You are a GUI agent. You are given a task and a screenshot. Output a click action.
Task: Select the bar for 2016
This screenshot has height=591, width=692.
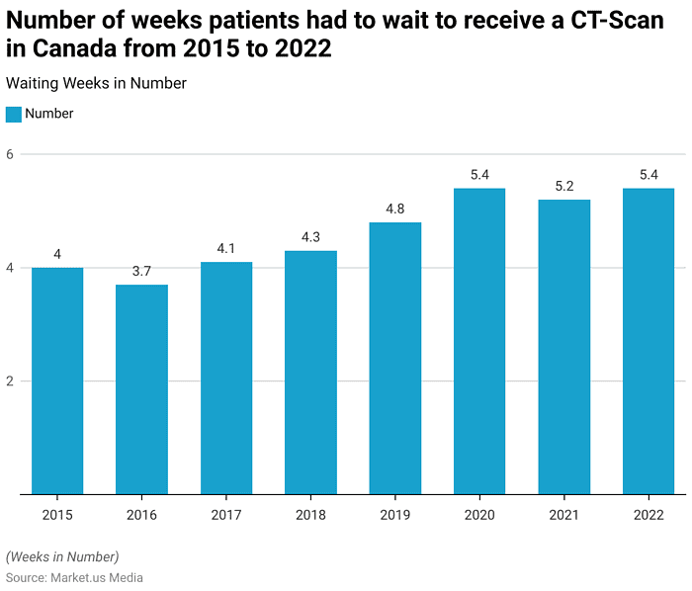tap(141, 389)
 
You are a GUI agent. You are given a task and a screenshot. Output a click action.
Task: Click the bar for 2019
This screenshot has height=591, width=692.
tap(395, 358)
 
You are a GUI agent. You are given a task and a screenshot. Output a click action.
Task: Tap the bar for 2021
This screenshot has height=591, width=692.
tap(563, 347)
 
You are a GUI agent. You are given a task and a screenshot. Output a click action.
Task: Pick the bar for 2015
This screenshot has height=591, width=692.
tap(57, 380)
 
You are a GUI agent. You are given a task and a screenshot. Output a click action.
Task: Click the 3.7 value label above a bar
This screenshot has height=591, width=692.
tap(141, 271)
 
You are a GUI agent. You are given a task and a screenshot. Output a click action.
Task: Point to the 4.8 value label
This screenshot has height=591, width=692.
tap(395, 209)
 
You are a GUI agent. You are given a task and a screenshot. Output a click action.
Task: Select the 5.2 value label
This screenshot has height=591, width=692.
tap(563, 186)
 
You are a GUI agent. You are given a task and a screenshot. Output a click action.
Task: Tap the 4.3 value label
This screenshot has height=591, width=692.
tap(310, 237)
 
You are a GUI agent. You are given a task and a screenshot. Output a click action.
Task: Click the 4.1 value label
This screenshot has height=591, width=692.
tap(226, 248)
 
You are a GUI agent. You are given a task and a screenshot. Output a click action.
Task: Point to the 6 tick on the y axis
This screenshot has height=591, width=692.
tap(10, 154)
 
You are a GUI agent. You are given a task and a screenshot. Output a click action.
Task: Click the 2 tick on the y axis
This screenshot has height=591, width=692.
tap(10, 381)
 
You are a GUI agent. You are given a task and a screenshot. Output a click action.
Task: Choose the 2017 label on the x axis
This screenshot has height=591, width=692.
tap(226, 515)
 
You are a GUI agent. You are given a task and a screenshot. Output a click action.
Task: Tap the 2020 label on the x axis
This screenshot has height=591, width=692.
tap(479, 515)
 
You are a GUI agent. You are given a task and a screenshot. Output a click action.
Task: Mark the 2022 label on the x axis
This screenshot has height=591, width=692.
tap(649, 515)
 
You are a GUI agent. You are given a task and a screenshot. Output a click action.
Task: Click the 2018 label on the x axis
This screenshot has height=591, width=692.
tap(310, 515)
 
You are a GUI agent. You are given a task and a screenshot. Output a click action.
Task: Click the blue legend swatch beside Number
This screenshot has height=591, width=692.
tap(14, 114)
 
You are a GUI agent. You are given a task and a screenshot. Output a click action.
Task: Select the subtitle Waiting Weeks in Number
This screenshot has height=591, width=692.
tap(96, 84)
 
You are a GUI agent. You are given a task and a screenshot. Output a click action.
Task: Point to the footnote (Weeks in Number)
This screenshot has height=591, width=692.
tap(62, 556)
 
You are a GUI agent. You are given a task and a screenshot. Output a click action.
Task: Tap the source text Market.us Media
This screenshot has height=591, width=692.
tap(97, 577)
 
